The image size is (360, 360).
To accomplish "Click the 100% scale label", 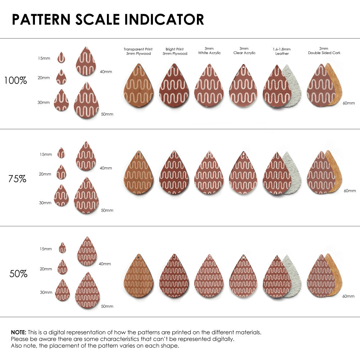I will coord(15,80).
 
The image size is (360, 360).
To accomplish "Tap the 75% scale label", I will coord(17,179).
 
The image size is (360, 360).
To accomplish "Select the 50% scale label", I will coord(18,274).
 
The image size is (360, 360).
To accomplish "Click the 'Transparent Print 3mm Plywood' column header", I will coord(138,51).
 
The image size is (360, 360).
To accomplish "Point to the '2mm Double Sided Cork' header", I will coord(324,51).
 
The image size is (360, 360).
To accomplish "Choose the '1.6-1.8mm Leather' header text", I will coord(282,51).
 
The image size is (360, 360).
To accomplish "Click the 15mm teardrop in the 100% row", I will coord(61,57).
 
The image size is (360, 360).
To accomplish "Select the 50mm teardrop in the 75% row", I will coord(86,196).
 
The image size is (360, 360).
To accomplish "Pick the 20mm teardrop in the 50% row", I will coord(62,267).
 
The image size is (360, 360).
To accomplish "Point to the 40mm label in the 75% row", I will coord(106,168).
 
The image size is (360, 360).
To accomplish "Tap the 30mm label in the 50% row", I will coord(46,292).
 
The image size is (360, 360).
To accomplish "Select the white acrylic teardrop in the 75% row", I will coord(209,174).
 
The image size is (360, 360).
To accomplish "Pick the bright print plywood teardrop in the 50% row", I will coord(174,277).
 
